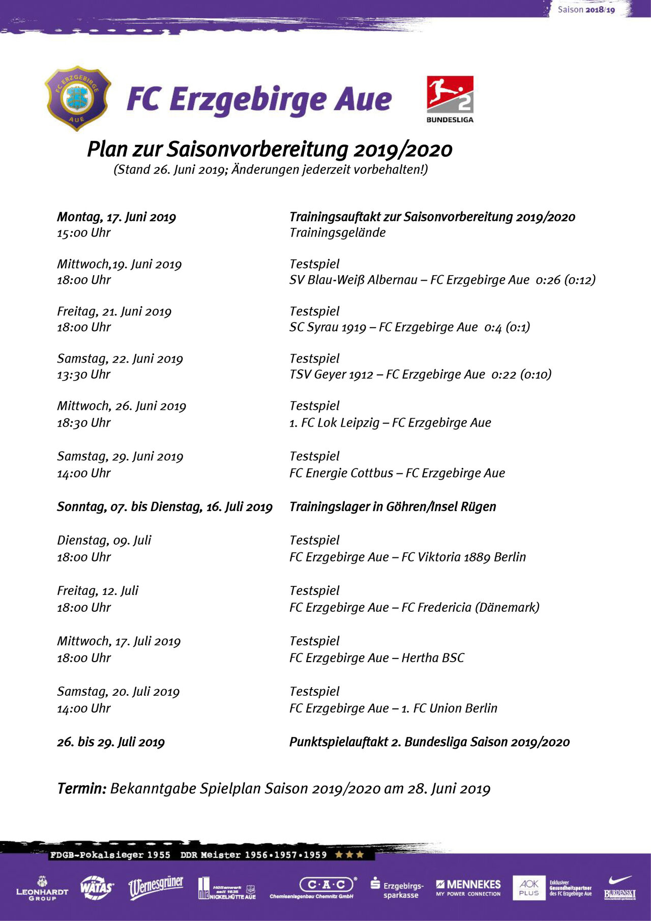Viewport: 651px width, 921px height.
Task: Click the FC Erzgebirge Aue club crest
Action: pos(78,98)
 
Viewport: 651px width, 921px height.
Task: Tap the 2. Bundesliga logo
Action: pos(450,99)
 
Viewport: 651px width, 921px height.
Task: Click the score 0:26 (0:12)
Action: pos(566,280)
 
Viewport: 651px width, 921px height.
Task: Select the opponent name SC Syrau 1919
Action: pos(328,327)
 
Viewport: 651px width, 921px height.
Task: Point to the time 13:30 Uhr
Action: pos(83,374)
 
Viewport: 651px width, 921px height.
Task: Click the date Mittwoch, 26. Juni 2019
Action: pos(122,406)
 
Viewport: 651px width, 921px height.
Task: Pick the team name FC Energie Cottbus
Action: pos(341,473)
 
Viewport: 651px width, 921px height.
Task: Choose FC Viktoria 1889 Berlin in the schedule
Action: pos(463,557)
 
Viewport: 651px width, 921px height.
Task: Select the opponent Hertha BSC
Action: pos(433,658)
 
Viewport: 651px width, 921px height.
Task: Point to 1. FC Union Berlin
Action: pos(449,708)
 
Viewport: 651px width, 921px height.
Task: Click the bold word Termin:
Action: pos(81,788)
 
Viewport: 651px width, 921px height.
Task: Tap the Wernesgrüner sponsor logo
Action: pos(156,887)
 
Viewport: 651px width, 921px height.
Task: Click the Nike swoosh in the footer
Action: pos(620,880)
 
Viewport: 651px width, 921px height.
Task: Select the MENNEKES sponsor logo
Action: pos(468,887)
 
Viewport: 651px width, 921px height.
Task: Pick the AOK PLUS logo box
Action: pos(529,887)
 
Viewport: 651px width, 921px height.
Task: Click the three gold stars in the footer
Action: pos(349,854)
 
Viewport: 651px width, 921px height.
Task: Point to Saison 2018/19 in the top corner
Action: pos(586,10)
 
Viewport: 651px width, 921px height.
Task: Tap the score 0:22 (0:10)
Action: pos(521,374)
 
